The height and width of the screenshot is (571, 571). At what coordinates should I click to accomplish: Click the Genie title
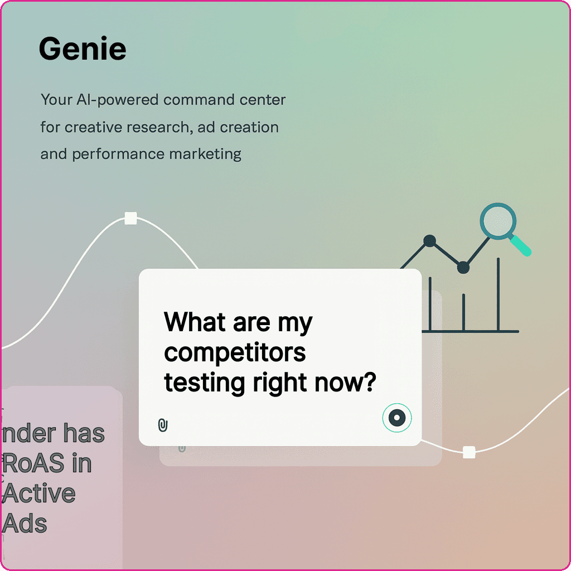tap(83, 49)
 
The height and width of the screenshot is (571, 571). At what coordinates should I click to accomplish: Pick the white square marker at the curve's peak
tap(130, 218)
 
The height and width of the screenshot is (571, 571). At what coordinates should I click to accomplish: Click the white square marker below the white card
tap(469, 452)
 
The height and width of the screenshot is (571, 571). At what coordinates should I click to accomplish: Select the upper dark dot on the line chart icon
tap(429, 241)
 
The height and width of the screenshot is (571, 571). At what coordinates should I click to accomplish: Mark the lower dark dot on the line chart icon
tap(463, 268)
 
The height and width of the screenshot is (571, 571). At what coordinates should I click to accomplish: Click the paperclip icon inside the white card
tap(163, 425)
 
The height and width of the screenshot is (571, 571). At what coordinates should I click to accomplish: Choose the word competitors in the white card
tap(235, 353)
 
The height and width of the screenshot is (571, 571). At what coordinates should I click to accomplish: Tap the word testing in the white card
tap(204, 384)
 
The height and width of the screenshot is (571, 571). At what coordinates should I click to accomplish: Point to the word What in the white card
tap(195, 322)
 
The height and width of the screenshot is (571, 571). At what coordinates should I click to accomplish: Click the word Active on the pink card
tap(39, 493)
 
